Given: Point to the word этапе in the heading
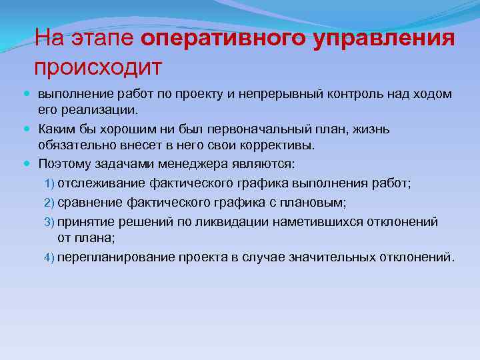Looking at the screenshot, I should [x=107, y=39].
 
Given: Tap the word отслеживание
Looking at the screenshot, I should [x=98, y=183].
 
